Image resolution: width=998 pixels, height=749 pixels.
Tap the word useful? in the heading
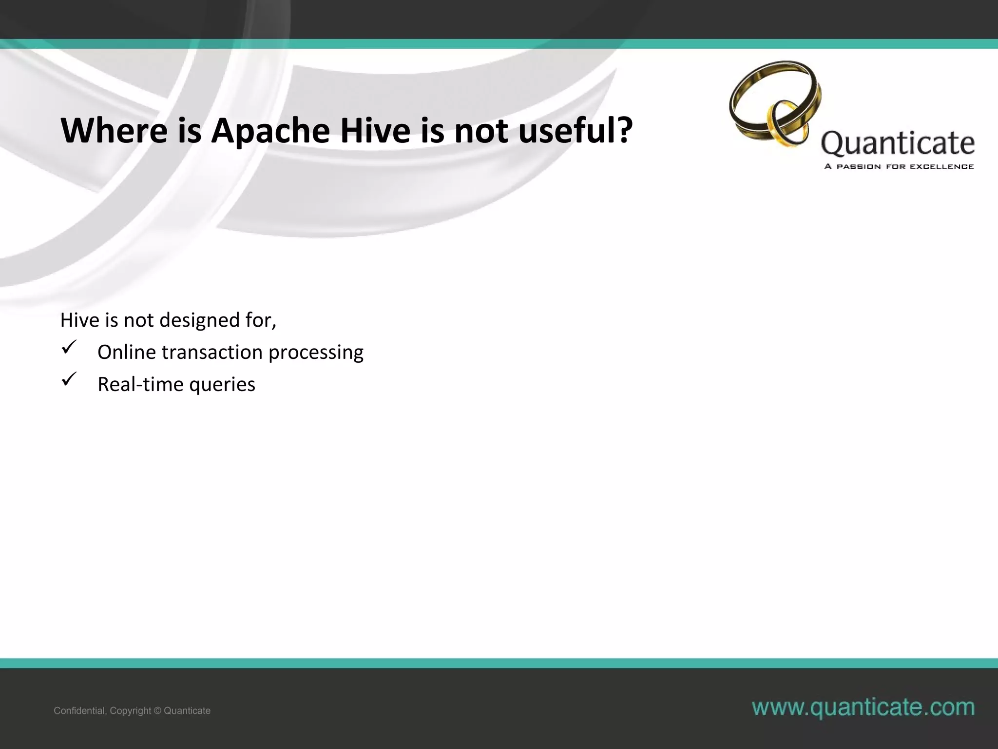pos(576,131)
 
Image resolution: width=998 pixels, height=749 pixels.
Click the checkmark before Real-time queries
pos(68,379)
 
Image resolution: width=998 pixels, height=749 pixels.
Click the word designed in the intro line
pos(199,320)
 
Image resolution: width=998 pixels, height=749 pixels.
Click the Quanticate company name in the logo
pos(897,143)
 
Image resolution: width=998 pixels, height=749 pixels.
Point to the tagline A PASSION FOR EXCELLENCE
pos(899,166)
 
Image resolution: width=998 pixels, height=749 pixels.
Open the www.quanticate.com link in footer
pos(863,707)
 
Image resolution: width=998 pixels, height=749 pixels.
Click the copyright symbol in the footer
pos(157,711)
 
